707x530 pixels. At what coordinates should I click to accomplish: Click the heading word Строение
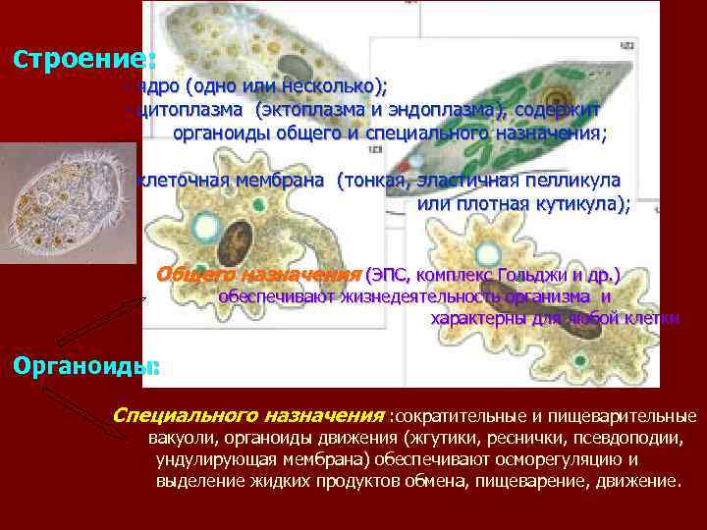click(x=83, y=57)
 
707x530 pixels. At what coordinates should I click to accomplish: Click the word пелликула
click(x=569, y=182)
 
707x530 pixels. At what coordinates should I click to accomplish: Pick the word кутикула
click(x=577, y=204)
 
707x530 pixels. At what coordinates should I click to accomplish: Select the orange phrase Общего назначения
click(x=258, y=273)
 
